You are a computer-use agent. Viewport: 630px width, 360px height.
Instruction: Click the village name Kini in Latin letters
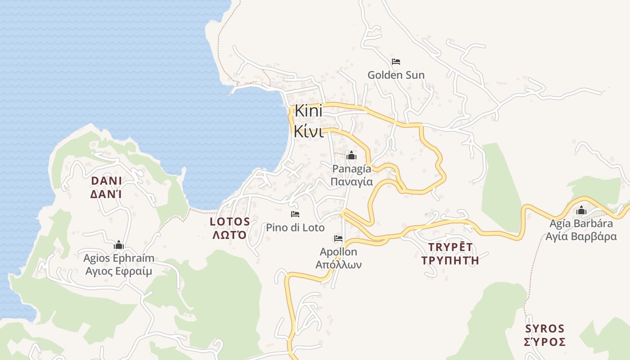(x=308, y=111)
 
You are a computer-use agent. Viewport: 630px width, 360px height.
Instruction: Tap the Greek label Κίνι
(x=308, y=131)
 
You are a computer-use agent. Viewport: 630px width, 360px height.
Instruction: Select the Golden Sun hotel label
(x=396, y=75)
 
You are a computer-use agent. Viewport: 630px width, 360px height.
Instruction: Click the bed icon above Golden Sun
(x=396, y=62)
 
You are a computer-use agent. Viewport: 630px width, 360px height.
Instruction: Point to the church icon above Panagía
(x=351, y=156)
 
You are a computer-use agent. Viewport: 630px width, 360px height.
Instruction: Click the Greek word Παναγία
(x=352, y=181)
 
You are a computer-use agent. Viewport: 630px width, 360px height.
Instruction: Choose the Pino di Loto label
(x=295, y=228)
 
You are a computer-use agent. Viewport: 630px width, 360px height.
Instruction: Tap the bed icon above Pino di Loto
(x=295, y=214)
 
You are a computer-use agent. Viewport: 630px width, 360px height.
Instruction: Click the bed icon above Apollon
(x=338, y=238)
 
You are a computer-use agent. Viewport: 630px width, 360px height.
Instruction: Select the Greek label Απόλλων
(x=338, y=265)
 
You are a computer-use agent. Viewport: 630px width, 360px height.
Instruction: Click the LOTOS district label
(x=230, y=221)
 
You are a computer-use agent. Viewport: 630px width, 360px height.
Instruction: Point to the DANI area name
(x=107, y=181)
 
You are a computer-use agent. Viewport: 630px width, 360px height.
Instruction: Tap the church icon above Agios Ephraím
(x=118, y=245)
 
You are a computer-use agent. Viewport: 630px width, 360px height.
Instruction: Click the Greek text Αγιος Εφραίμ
(x=119, y=271)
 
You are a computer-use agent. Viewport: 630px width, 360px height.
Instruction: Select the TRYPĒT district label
(x=450, y=247)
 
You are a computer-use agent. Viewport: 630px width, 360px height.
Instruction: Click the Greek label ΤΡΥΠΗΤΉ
(x=450, y=260)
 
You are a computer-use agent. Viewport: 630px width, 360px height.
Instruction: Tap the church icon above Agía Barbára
(x=581, y=210)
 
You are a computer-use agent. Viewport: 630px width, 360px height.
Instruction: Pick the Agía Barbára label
(x=581, y=224)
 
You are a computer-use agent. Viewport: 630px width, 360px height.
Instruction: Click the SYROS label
(x=545, y=328)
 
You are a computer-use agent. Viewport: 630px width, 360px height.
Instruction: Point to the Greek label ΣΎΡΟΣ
(x=545, y=342)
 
